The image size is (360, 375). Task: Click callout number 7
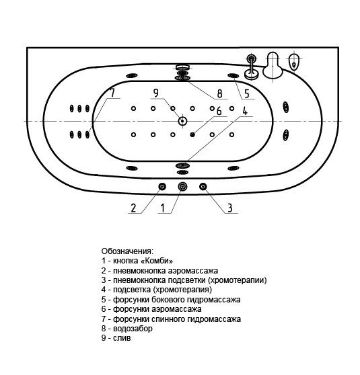click(112, 93)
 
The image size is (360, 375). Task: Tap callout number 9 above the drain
click(156, 93)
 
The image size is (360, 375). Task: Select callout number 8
click(219, 94)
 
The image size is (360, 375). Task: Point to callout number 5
click(247, 94)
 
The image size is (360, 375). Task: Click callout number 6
click(219, 111)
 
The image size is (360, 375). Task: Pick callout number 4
click(245, 111)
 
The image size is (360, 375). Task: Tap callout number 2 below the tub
click(133, 208)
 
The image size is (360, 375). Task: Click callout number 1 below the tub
click(163, 208)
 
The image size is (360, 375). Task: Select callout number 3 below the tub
click(230, 208)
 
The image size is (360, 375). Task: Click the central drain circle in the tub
click(182, 121)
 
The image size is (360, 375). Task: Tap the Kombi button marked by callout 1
click(182, 186)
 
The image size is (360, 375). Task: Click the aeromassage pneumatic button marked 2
click(162, 186)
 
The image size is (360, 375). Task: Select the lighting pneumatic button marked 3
click(203, 186)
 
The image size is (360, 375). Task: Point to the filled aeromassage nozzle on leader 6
click(192, 134)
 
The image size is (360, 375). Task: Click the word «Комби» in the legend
click(157, 261)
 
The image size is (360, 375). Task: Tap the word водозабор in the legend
click(133, 329)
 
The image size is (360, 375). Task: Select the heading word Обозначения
click(127, 251)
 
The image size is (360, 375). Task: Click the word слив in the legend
click(122, 338)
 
